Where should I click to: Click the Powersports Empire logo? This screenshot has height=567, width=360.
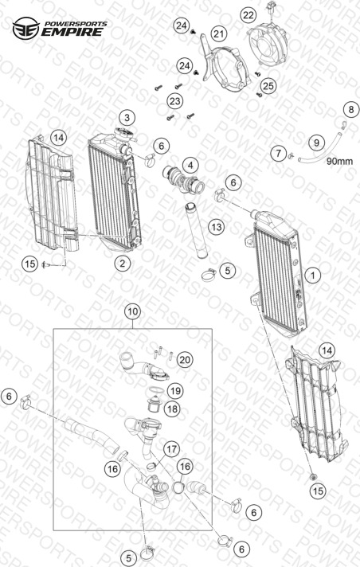coord(60,28)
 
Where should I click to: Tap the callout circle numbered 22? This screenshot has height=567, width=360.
coord(248,15)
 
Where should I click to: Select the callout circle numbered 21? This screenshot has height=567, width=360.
coord(218,34)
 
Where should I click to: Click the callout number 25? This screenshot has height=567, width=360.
coord(268,86)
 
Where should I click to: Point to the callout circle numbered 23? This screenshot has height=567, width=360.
coord(175,101)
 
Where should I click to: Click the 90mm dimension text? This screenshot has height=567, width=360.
coord(339,161)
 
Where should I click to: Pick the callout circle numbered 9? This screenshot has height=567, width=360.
coord(316,143)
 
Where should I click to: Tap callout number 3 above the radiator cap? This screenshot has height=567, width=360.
coord(127,118)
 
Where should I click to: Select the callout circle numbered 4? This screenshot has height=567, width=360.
coord(190,166)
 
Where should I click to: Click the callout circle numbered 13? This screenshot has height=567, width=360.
coord(217,227)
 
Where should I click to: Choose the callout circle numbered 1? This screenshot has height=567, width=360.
coord(313,276)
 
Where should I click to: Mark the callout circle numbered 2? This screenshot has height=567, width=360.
coord(123,264)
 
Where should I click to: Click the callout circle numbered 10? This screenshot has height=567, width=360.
coord(133,311)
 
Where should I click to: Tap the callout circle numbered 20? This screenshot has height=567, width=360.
coord(185,360)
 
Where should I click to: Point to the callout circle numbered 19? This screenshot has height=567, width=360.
coord(175,391)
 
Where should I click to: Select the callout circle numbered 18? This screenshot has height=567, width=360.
coord(172,409)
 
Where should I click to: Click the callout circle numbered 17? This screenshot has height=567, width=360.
coord(171,449)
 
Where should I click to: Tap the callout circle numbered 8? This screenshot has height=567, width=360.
coord(350,109)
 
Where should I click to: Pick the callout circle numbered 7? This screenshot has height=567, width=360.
coord(278,153)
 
